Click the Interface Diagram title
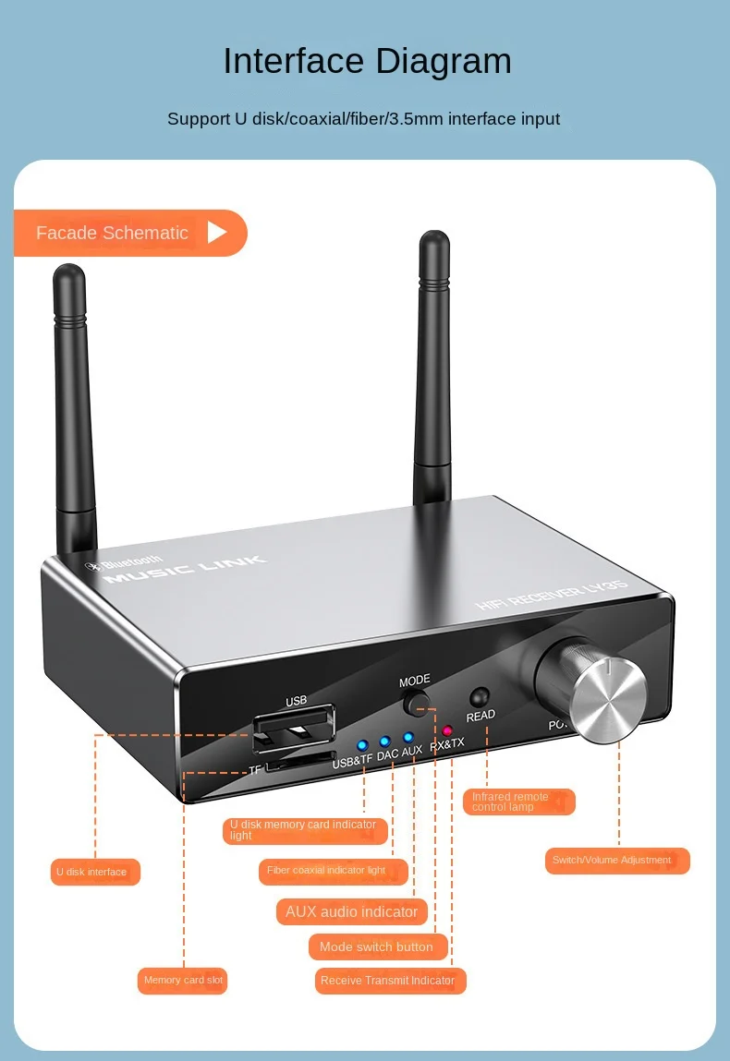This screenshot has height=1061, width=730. [367, 61]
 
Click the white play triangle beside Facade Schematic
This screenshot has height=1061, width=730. [216, 232]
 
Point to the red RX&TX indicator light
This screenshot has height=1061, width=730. [447, 731]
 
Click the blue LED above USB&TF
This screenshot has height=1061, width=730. [362, 744]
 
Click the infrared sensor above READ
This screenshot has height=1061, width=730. [479, 697]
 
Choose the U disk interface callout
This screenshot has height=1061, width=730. [95, 872]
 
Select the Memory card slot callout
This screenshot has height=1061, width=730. [182, 980]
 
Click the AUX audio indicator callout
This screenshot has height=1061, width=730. [351, 911]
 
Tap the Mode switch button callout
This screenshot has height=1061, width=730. [377, 946]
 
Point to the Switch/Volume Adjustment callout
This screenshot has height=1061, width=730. [617, 860]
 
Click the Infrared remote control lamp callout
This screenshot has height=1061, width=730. [517, 802]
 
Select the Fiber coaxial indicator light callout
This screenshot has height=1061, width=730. [333, 871]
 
